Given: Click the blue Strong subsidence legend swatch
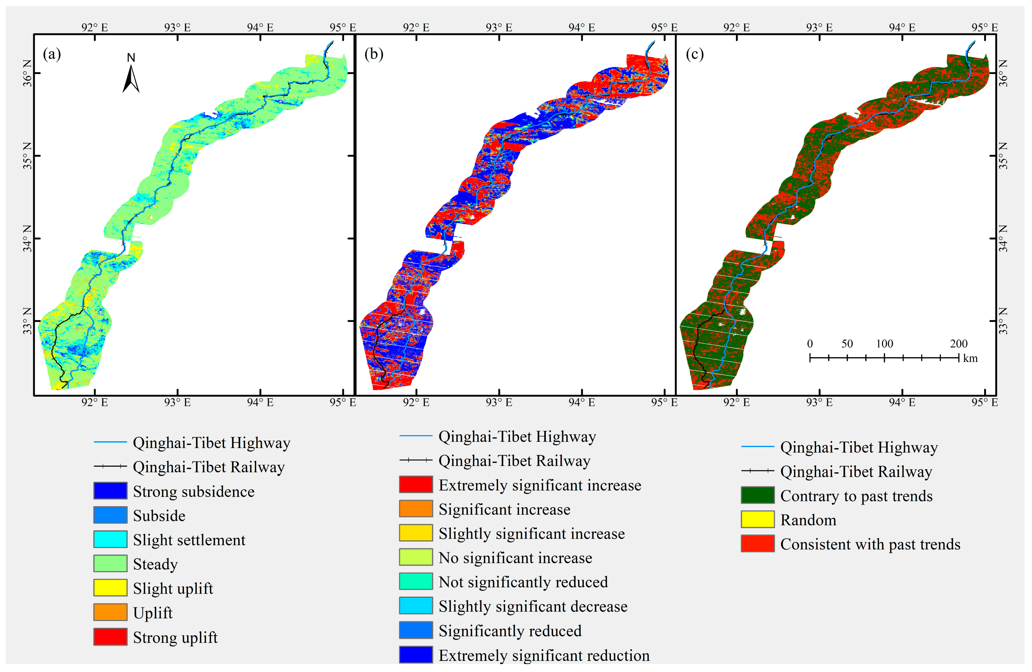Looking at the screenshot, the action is click(x=110, y=491).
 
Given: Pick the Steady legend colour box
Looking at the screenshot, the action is click(x=110, y=564).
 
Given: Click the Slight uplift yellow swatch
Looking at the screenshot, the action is click(x=110, y=588).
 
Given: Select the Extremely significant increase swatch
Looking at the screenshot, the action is click(x=416, y=484).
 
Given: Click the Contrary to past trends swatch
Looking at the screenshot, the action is click(x=758, y=495).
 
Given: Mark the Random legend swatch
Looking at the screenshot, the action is click(x=758, y=519).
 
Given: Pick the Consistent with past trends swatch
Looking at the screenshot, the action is click(x=758, y=544).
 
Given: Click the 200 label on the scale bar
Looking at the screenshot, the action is click(x=959, y=344).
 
